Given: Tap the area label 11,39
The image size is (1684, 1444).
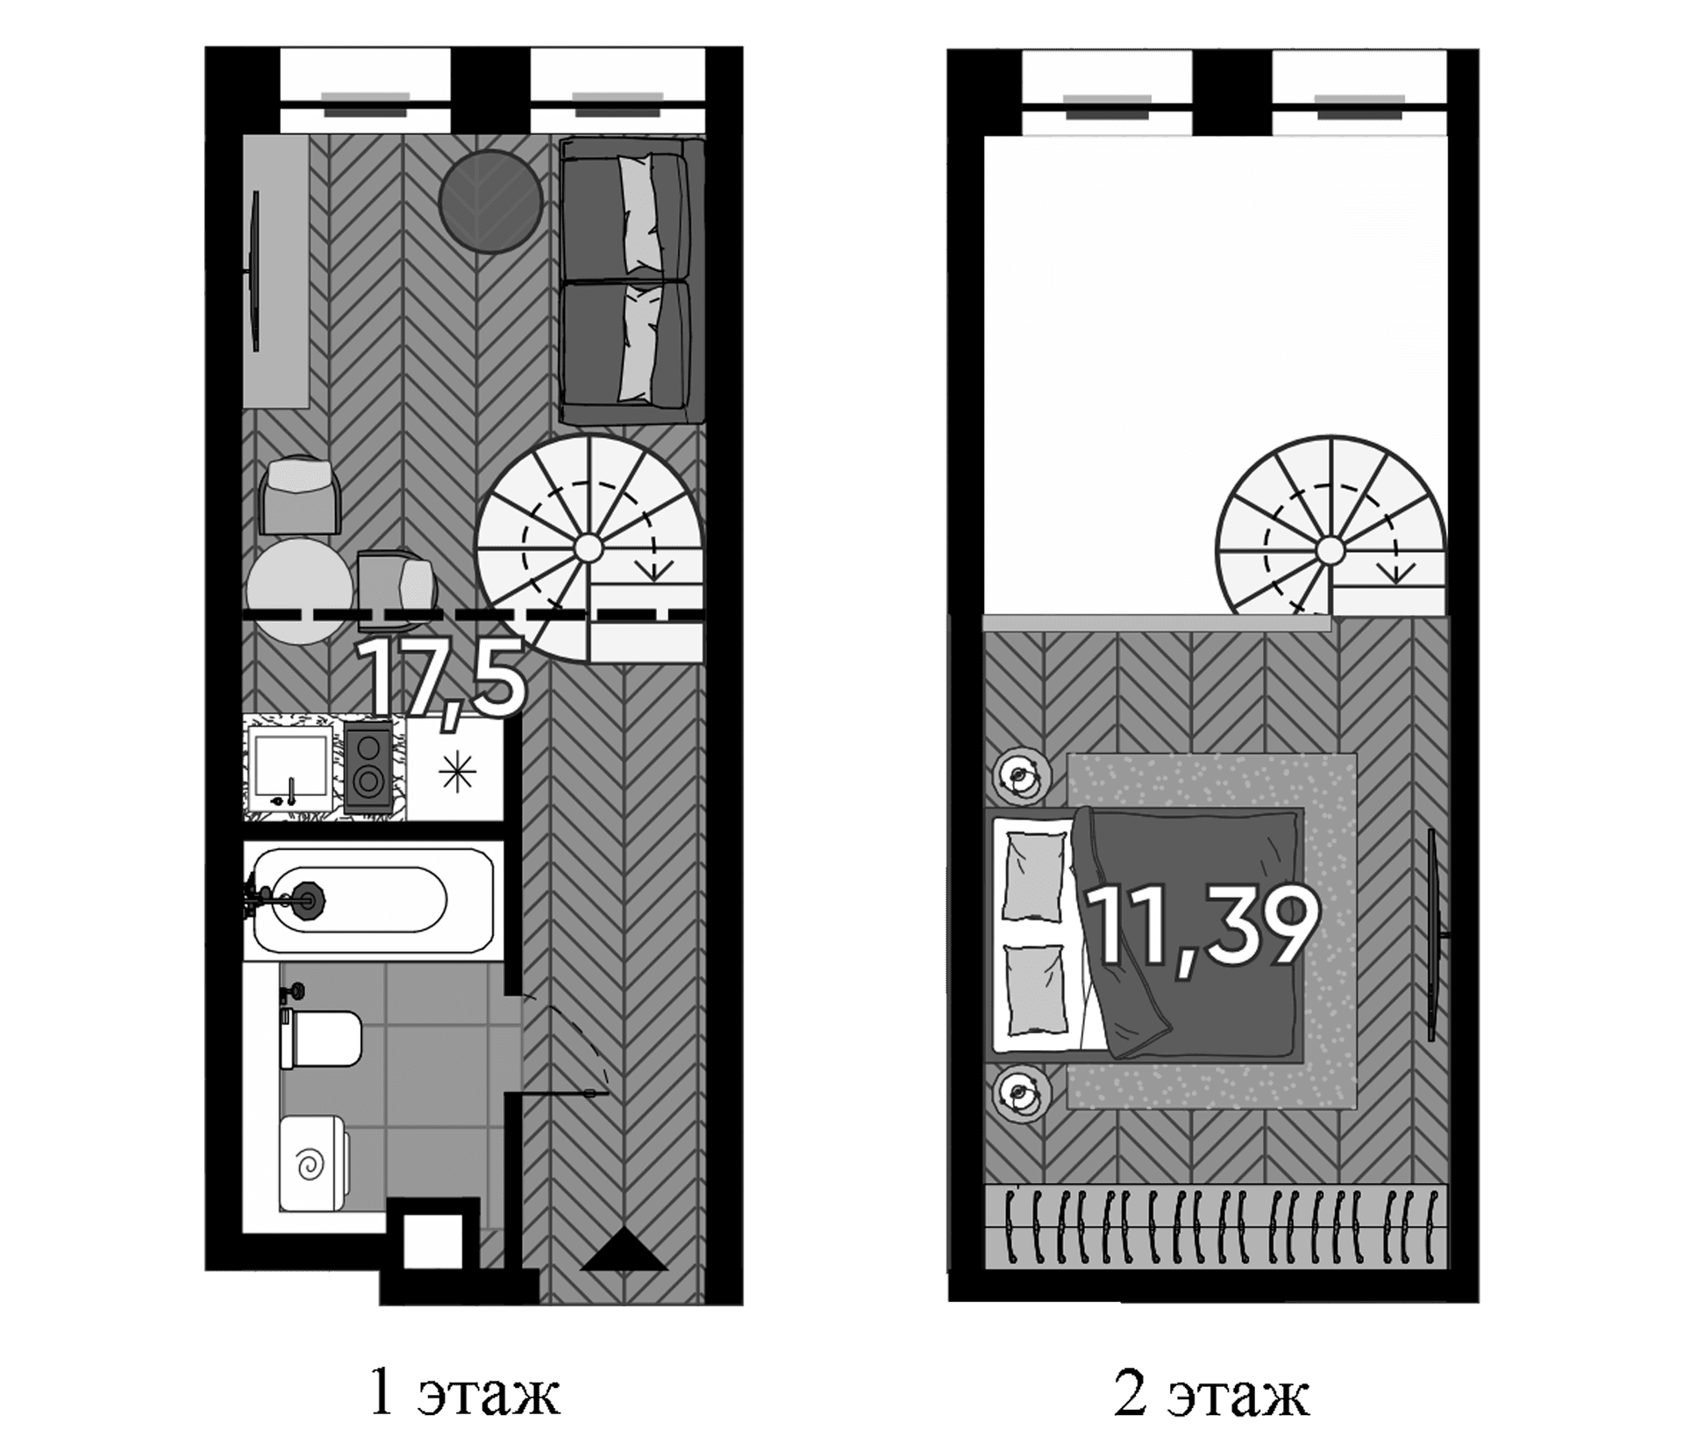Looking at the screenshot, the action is pyautogui.click(x=1202, y=926).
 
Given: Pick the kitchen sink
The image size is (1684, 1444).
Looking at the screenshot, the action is pyautogui.click(x=290, y=770).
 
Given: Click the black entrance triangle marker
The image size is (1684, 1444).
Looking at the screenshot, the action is pyautogui.click(x=624, y=1249).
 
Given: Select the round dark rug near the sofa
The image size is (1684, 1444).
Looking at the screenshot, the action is pyautogui.click(x=490, y=202).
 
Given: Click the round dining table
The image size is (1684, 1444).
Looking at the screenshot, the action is pyautogui.click(x=300, y=591).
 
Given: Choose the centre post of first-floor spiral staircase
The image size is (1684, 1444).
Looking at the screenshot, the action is pyautogui.click(x=589, y=548).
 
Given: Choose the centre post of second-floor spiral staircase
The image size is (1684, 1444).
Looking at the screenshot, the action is pyautogui.click(x=1331, y=551).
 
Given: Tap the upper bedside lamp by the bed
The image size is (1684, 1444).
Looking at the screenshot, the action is pyautogui.click(x=1021, y=775).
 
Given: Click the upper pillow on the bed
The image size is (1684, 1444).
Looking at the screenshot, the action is pyautogui.click(x=1034, y=876).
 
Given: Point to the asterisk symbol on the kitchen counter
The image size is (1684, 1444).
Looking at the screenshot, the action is pyautogui.click(x=458, y=772).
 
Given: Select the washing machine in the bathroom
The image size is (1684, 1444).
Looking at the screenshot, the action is pyautogui.click(x=313, y=1164).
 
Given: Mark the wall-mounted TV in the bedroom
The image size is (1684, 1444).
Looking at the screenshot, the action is pyautogui.click(x=1433, y=934).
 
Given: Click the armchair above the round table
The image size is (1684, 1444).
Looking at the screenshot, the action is pyautogui.click(x=300, y=496).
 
